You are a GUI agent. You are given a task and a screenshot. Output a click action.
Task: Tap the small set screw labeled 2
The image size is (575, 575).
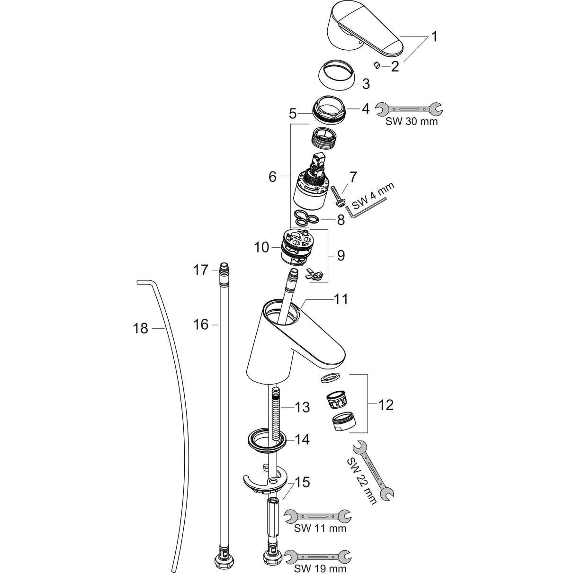[x=377, y=65]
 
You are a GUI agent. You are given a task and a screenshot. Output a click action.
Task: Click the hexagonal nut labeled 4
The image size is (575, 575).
[x=329, y=110]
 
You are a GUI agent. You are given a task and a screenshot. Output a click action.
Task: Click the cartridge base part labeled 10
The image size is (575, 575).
[x=294, y=246]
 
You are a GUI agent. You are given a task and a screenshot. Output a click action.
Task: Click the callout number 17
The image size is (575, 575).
[x=200, y=270]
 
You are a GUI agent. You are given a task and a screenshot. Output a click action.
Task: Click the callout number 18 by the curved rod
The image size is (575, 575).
[x=140, y=328]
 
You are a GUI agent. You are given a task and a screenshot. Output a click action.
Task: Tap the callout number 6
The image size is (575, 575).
[x=272, y=177]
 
